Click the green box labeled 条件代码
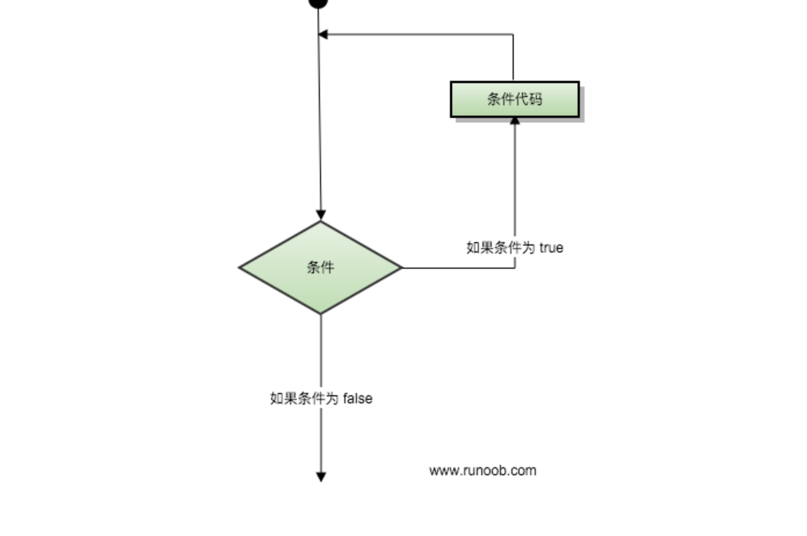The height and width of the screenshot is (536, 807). point(515,99)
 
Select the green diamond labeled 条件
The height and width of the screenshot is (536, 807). point(320,268)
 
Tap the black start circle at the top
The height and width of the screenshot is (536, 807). point(318,2)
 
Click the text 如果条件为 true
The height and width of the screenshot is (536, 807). point(515,248)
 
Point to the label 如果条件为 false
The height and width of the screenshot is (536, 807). point(321,398)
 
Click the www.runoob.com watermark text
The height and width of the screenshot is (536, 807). point(482,470)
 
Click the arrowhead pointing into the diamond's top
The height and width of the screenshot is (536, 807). point(321,215)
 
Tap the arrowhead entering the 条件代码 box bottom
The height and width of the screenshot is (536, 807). point(515,121)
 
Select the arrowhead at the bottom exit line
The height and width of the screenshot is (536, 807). point(321,476)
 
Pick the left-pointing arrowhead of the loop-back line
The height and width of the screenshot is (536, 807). point(323,34)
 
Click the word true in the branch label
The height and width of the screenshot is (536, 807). point(552,248)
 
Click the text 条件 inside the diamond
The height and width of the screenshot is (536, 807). point(320,268)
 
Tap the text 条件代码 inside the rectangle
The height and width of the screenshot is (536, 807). point(515,99)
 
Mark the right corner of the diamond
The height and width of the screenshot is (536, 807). point(401,268)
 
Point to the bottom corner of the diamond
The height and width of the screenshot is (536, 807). point(321,313)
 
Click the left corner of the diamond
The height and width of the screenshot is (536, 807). point(241,268)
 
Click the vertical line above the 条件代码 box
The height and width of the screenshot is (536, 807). point(513,58)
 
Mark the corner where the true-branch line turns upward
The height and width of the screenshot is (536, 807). point(515,268)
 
